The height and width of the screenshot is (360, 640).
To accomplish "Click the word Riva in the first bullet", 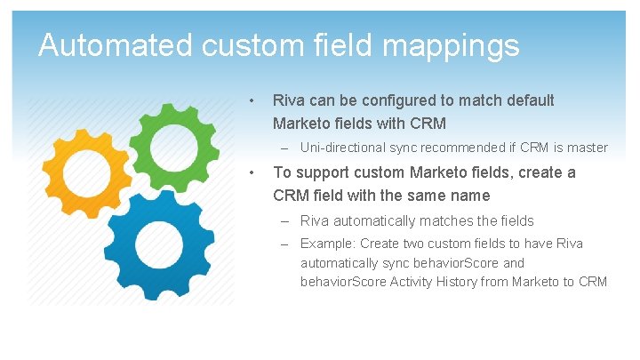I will pyautogui.click(x=288, y=101).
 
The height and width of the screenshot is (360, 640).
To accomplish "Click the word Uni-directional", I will pyautogui.click(x=341, y=148).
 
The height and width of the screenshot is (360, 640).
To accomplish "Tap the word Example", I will pyautogui.click(x=324, y=244).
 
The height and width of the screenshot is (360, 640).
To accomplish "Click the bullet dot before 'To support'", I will pyautogui.click(x=253, y=172).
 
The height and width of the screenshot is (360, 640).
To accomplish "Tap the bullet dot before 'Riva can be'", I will pyautogui.click(x=253, y=100).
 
